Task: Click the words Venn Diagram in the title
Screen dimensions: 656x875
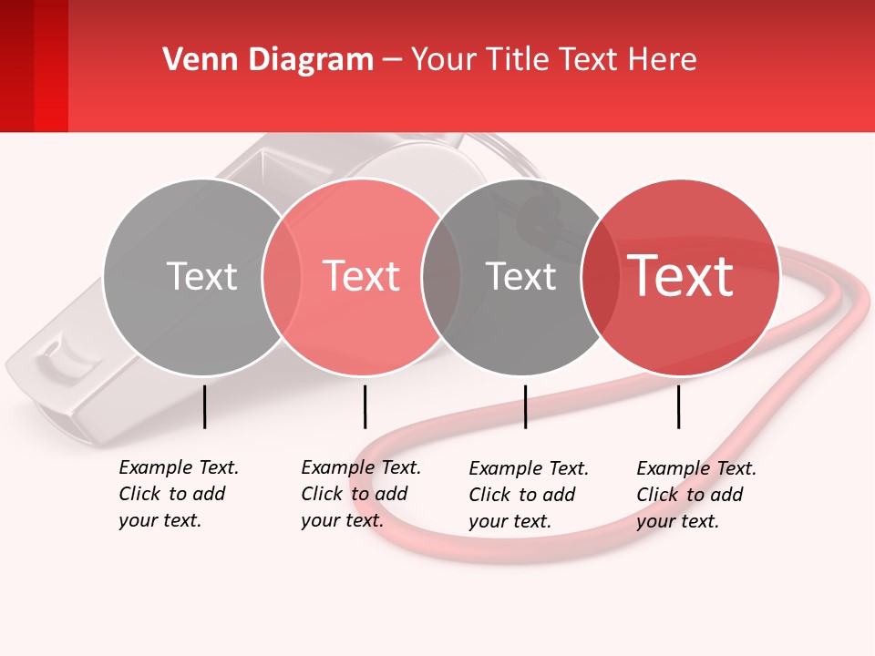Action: (268, 60)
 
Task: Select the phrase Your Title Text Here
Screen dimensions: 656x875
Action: (553, 60)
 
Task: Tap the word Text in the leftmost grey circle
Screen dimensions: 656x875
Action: (201, 276)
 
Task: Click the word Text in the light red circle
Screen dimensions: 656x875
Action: (362, 276)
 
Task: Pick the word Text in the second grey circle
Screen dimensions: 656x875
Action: (520, 277)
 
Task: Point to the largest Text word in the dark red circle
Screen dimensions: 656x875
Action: (681, 276)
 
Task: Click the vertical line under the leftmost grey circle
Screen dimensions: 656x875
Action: (205, 406)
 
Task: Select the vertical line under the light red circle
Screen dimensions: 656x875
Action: (365, 406)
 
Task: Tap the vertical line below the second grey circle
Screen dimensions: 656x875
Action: (525, 406)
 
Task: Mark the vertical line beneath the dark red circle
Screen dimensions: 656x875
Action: (678, 406)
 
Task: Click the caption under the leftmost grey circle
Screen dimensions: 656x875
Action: (178, 494)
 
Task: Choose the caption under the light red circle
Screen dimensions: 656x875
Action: (360, 494)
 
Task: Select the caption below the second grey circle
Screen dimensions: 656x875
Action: (528, 495)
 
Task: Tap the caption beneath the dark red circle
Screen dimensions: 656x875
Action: (695, 495)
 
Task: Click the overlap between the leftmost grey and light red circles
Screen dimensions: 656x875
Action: (282, 276)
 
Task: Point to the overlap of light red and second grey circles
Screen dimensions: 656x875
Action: (441, 276)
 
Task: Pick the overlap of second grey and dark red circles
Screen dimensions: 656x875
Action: (600, 276)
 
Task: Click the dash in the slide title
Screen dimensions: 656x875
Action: (392, 60)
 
